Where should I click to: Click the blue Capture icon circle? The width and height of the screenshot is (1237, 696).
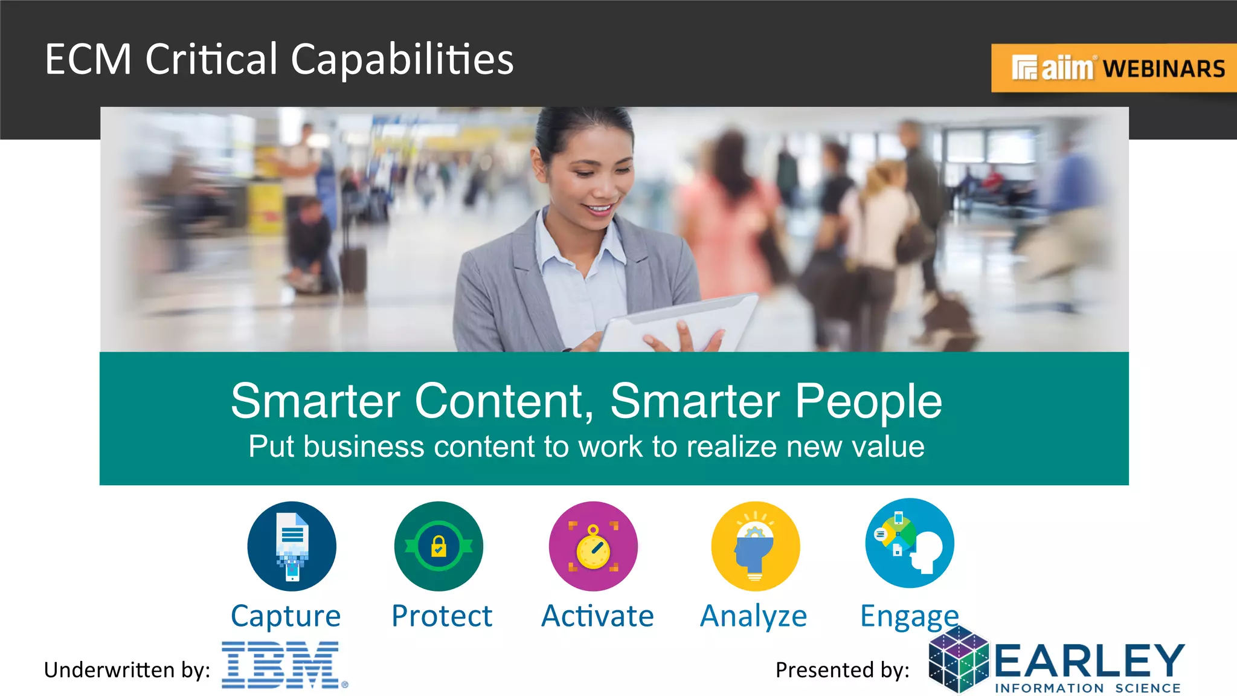[x=292, y=546]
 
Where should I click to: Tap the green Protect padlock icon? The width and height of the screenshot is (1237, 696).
[x=439, y=546]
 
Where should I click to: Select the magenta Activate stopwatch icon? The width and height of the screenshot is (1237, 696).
[x=593, y=546]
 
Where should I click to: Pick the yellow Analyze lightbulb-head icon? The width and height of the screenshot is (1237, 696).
[x=755, y=546]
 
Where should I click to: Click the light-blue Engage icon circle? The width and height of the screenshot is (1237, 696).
[x=910, y=543]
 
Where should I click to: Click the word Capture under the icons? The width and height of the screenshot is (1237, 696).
[x=286, y=617]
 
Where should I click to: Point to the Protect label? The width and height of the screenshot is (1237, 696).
[x=442, y=617]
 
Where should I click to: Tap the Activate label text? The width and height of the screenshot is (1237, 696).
[x=597, y=617]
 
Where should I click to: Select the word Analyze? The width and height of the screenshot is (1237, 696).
[x=753, y=617]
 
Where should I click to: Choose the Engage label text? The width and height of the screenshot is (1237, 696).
[x=909, y=617]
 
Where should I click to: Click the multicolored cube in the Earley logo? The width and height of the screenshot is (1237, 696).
[x=959, y=660]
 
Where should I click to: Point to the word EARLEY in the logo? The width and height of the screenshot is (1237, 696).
[x=1089, y=660]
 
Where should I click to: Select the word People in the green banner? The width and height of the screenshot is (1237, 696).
[x=868, y=401]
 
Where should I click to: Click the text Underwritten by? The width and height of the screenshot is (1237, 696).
[x=127, y=670]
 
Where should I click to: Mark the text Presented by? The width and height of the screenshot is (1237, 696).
[x=843, y=670]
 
